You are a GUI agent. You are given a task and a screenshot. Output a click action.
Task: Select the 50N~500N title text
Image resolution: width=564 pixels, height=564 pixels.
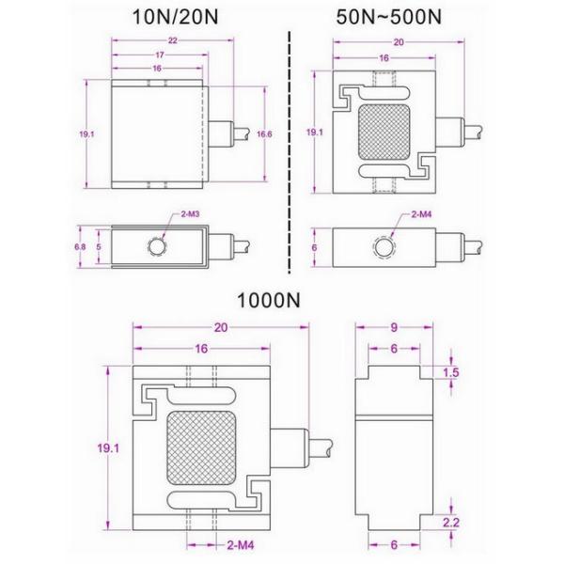[402, 17]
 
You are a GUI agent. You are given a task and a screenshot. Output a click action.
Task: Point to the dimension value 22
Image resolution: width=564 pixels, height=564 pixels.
[160, 41]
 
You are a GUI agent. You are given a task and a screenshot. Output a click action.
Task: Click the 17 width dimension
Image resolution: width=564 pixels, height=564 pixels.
[157, 55]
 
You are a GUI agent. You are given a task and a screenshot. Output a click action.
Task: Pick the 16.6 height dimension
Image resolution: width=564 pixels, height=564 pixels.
[264, 134]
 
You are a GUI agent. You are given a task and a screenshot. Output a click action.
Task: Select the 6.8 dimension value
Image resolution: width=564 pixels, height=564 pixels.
[81, 246]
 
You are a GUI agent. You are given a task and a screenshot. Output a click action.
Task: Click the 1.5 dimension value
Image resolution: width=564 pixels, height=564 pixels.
[452, 372]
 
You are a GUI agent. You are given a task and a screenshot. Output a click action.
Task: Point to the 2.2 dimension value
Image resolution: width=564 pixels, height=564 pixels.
[451, 522]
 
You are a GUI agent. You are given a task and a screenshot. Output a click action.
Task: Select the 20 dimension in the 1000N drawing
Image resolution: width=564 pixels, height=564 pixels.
[221, 327]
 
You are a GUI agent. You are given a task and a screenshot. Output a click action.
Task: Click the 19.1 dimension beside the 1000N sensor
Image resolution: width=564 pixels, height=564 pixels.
[109, 448]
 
